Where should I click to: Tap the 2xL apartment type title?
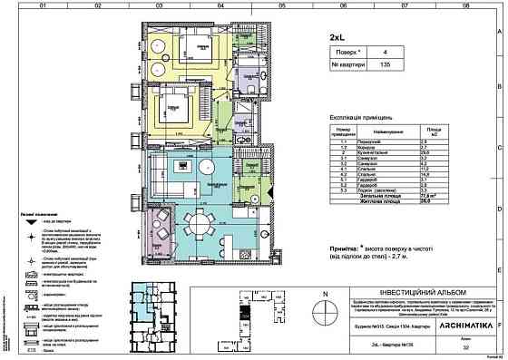click(x=337, y=38)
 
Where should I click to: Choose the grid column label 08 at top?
click(x=466, y=5)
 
